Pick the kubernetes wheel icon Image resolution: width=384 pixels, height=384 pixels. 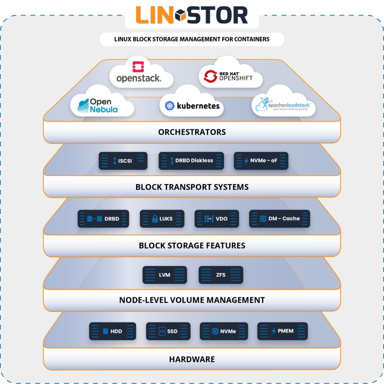tap(169, 106)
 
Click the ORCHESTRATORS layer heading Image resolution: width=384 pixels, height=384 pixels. tap(192, 132)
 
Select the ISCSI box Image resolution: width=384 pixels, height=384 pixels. tap(123, 160)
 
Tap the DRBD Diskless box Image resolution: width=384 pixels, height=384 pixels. tap(191, 160)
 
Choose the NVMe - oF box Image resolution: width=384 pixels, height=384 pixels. tap(261, 160)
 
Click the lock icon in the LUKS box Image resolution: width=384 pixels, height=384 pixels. tap(155, 219)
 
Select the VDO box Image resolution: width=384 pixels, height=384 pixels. tap(216, 219)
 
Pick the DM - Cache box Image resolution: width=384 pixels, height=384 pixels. tap(280, 219)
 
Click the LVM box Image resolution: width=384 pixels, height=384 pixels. tap(165, 275)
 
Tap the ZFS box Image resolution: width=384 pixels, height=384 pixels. tap(221, 275)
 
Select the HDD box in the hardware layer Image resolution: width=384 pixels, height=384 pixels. tap(112, 331)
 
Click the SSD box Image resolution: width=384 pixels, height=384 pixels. tap(168, 331)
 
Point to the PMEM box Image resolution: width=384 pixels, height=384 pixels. tap(282, 331)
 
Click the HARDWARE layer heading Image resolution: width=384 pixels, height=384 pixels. tap(192, 359)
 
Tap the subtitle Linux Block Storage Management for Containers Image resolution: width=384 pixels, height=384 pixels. tap(192, 39)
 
